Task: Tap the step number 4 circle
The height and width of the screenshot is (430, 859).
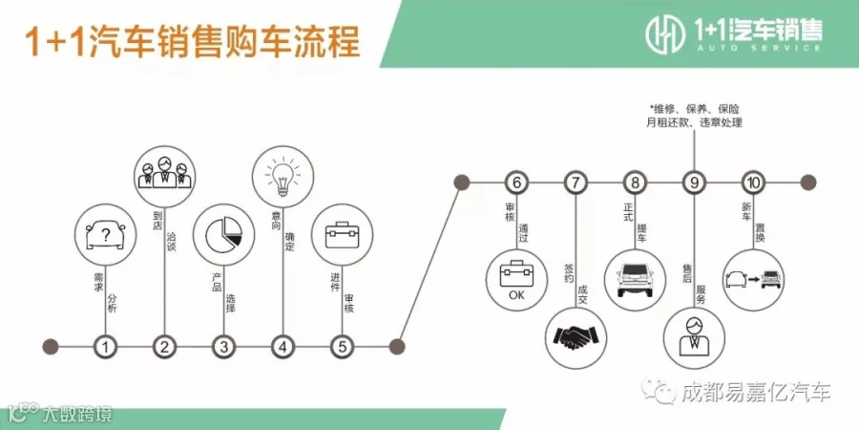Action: click(283, 347)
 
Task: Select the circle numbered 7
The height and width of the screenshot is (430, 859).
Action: click(576, 183)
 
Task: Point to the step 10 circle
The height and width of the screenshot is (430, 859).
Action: click(753, 183)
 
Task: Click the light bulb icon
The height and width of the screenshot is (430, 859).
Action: click(283, 177)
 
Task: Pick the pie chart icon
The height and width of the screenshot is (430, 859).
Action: click(223, 235)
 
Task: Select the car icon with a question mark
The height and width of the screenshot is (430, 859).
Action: click(105, 235)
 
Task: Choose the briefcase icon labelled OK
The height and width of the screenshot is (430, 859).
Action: click(516, 280)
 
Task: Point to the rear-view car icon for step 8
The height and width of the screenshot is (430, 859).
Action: click(635, 280)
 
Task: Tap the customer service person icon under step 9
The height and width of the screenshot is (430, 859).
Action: click(694, 337)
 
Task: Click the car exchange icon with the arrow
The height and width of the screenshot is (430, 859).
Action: click(754, 280)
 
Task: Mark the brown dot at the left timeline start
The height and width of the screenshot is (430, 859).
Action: click(51, 347)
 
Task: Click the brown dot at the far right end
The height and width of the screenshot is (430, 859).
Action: click(808, 183)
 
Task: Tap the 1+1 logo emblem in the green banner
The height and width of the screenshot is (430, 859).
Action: click(665, 32)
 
